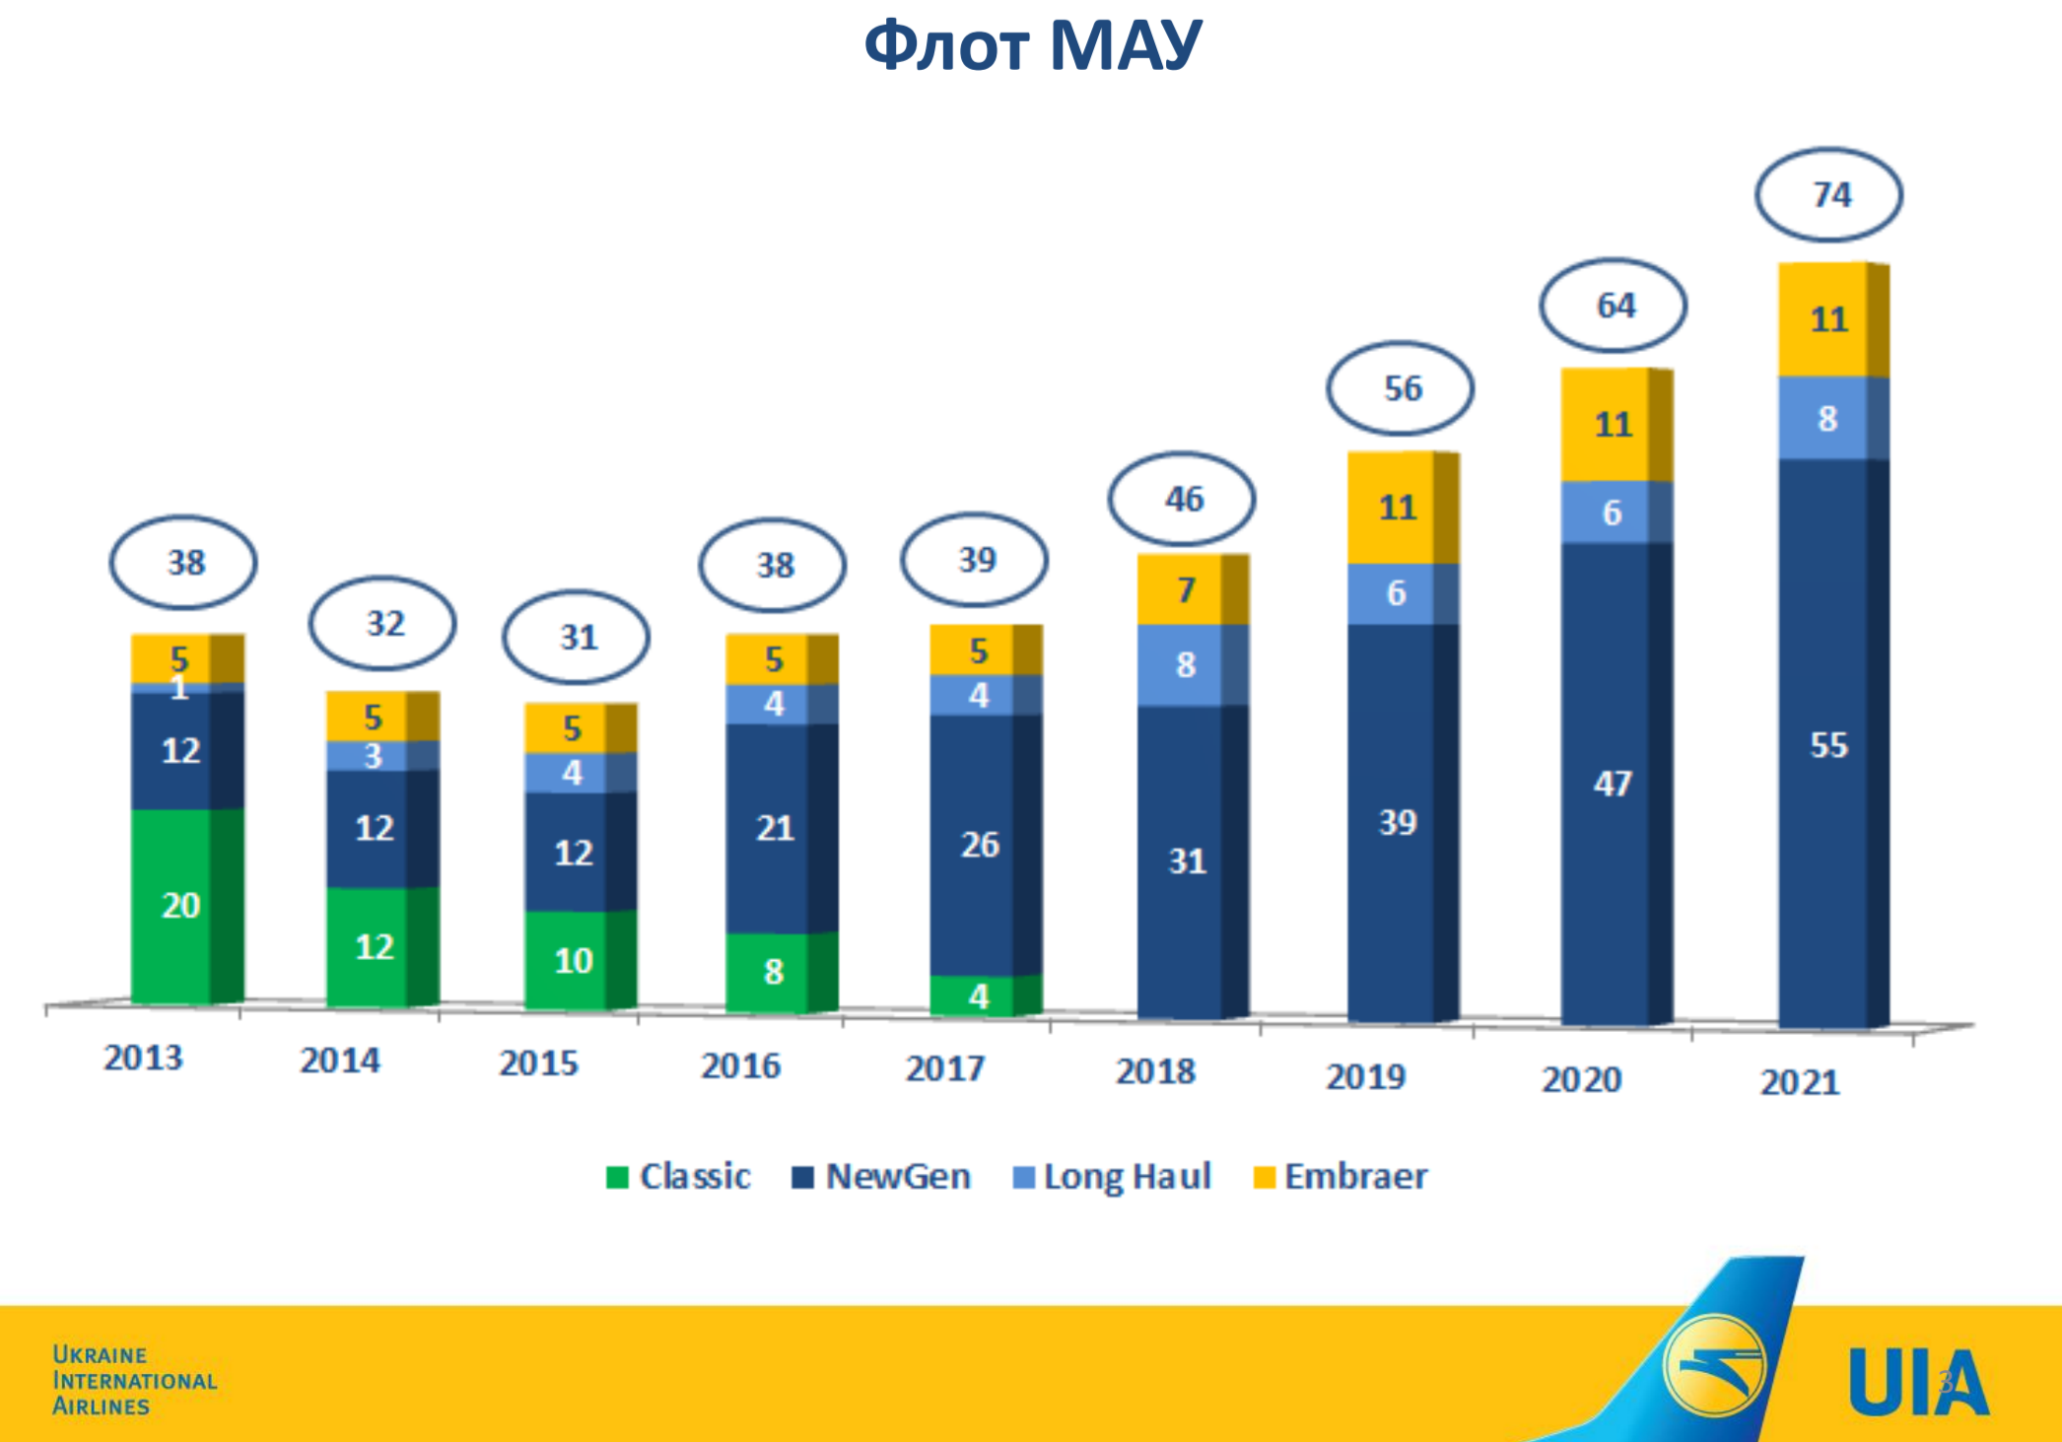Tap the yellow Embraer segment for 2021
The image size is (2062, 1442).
pyautogui.click(x=1828, y=319)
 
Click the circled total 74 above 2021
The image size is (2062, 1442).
pyautogui.click(x=1829, y=195)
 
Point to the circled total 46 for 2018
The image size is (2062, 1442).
pyautogui.click(x=1183, y=499)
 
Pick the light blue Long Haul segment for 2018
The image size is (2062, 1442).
pyautogui.click(x=1184, y=665)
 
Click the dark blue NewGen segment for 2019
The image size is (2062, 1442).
pyautogui.click(x=1396, y=822)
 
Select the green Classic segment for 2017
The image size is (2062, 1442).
pyautogui.click(x=976, y=996)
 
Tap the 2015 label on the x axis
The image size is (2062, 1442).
pyautogui.click(x=538, y=1064)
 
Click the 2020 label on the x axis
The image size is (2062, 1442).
pyautogui.click(x=1581, y=1080)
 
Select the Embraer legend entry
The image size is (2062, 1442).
pyautogui.click(x=1340, y=1177)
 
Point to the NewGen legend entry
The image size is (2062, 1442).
pyautogui.click(x=881, y=1177)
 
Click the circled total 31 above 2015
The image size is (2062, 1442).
pyautogui.click(x=578, y=638)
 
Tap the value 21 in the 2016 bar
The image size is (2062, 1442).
pyautogui.click(x=775, y=828)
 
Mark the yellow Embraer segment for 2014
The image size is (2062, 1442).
pyautogui.click(x=373, y=717)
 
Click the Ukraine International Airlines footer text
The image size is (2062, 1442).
pyautogui.click(x=134, y=1380)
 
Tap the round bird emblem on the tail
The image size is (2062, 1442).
pyautogui.click(x=1714, y=1365)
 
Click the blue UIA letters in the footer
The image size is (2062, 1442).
pyautogui.click(x=1918, y=1382)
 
